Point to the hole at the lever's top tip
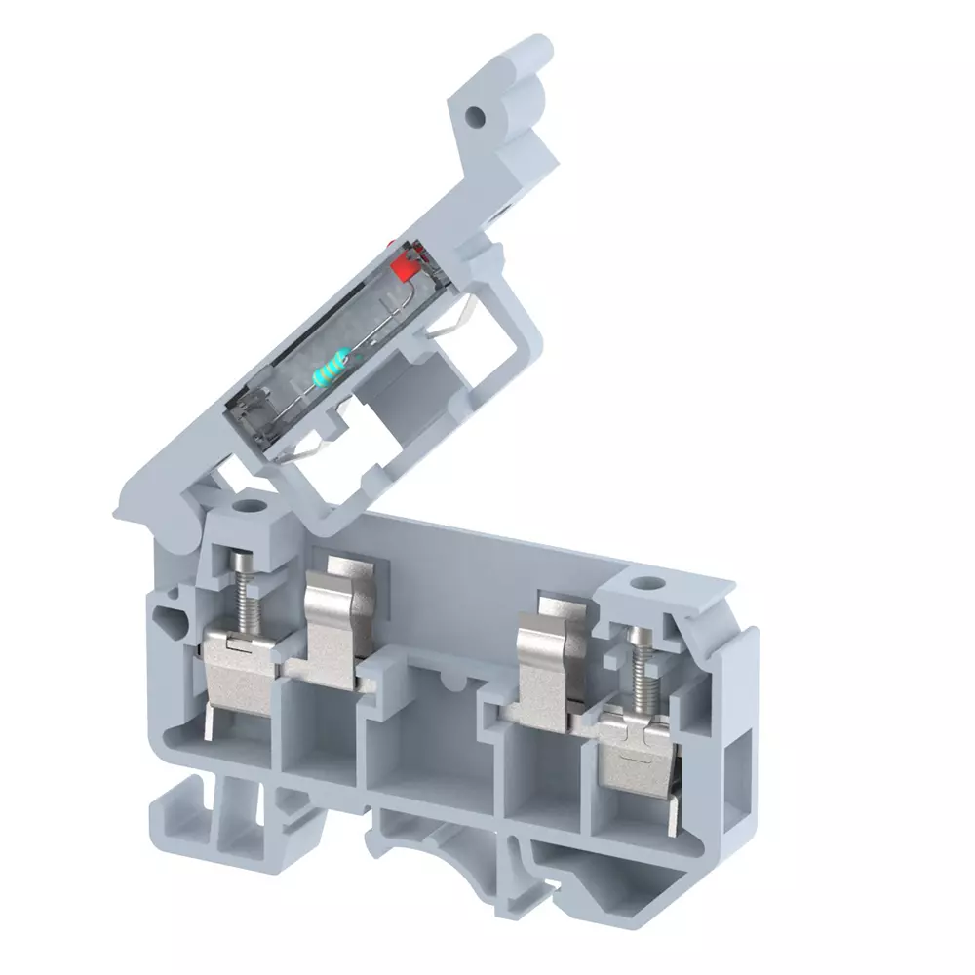click(475, 116)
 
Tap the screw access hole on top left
click(250, 508)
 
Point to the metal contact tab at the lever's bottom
click(307, 448)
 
